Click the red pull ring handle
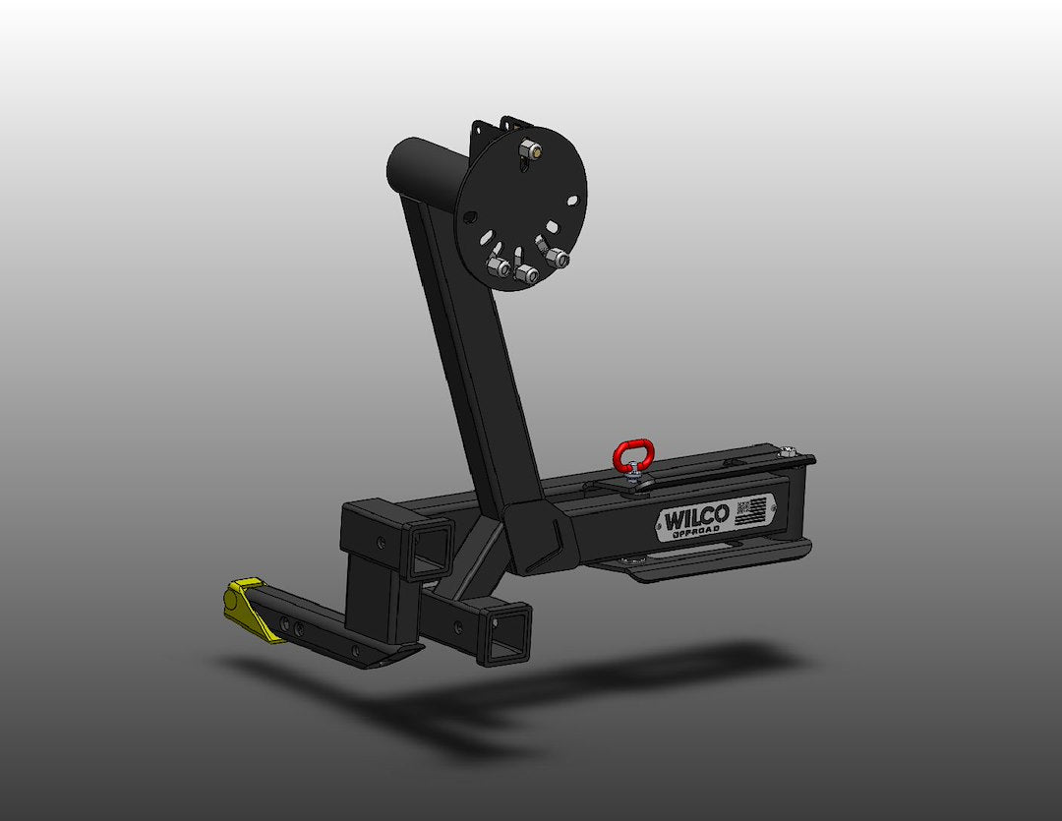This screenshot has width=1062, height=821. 629,455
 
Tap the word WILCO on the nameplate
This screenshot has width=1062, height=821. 695,517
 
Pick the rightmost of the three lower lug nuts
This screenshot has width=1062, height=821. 559,259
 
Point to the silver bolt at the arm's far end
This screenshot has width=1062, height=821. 789,453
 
